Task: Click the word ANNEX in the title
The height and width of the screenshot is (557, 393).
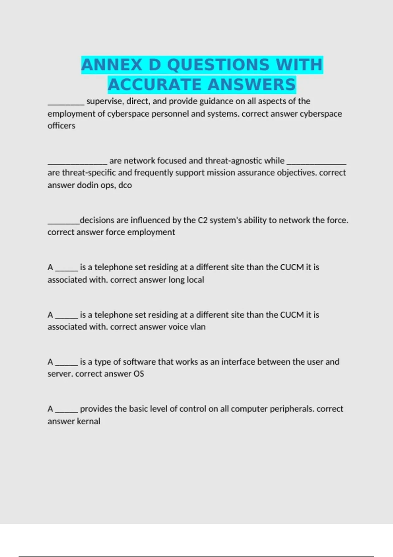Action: pos(111,65)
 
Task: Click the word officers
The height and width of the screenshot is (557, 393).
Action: pos(61,126)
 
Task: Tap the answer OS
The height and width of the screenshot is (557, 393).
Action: pos(139,374)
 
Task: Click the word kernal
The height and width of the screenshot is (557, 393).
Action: pos(88,421)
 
